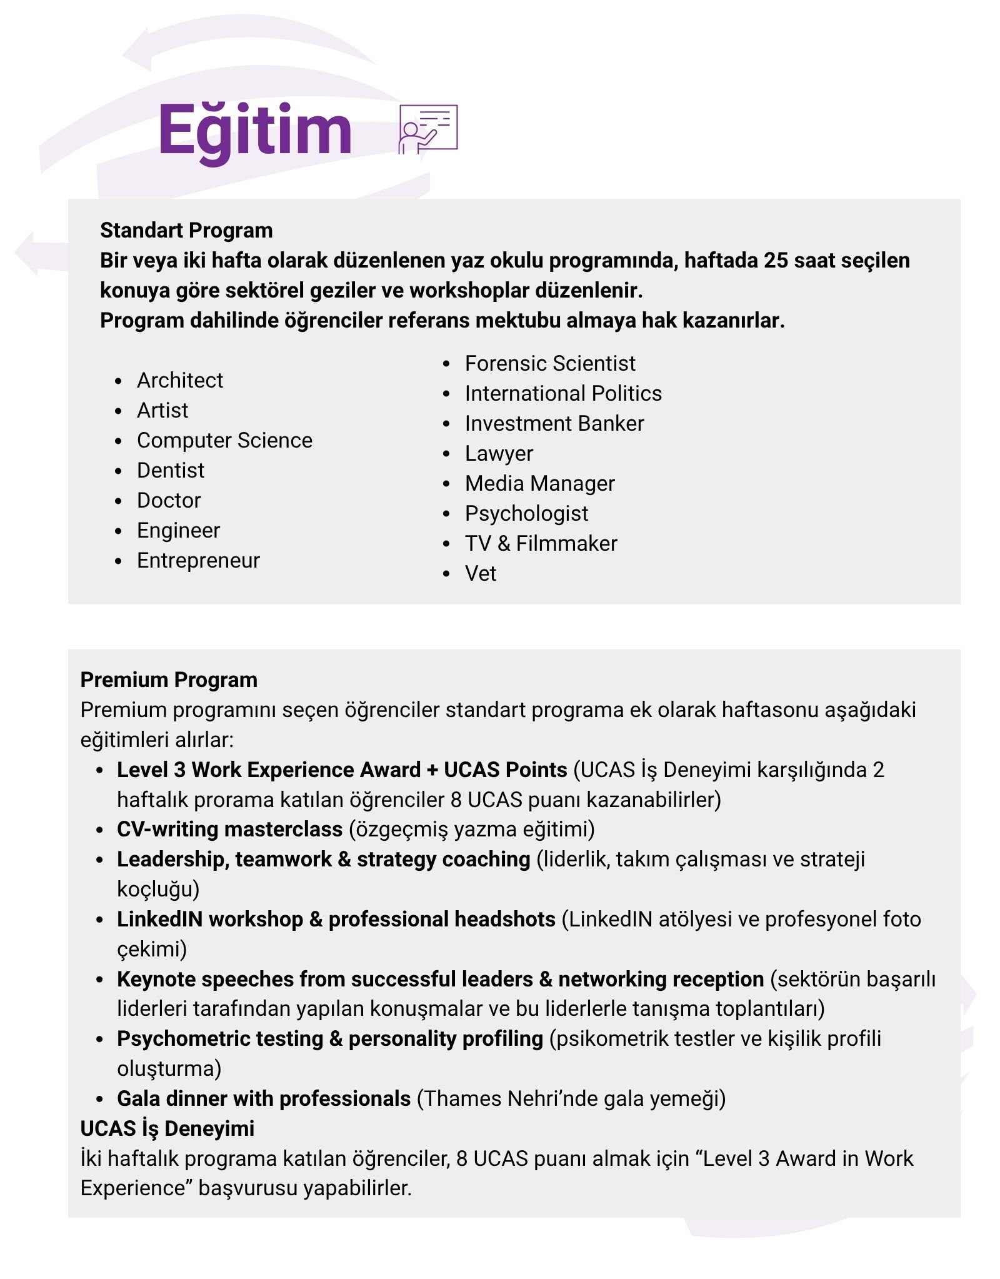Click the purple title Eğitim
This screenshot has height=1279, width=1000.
coord(255,130)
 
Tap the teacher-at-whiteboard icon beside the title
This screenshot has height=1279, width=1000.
coord(427,129)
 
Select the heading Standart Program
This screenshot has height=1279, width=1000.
coord(186,231)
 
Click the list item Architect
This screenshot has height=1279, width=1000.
coord(179,380)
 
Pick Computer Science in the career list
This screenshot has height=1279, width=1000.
coord(224,440)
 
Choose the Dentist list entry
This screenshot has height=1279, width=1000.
coord(170,470)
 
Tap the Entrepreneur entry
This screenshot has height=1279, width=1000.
coord(198,560)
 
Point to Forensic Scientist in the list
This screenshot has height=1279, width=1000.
coord(549,363)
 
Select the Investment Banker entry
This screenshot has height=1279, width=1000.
coord(554,423)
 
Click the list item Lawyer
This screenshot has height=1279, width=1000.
coord(499,453)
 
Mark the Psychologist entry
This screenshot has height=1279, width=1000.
coord(526,513)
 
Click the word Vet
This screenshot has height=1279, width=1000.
coord(480,573)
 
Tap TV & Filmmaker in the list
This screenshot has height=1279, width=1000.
coord(541,543)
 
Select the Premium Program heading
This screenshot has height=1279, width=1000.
coord(169,680)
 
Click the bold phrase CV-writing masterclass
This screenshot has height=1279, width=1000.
coord(229,829)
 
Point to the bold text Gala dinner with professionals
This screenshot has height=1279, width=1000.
coord(263,1098)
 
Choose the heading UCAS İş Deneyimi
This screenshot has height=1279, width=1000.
coord(167,1128)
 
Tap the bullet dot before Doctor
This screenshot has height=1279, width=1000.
coord(119,501)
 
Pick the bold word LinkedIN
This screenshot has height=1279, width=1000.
coord(159,919)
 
